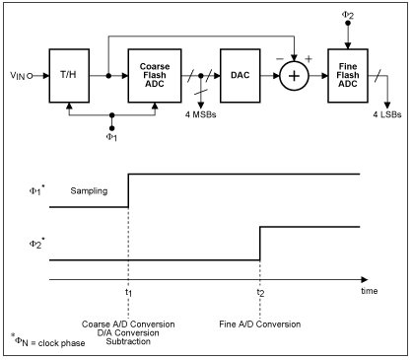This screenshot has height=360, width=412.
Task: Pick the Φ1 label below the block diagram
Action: (110, 137)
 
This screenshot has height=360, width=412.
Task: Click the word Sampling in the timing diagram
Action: (90, 187)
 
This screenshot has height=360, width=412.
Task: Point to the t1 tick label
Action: (129, 292)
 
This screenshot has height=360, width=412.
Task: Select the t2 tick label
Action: (260, 292)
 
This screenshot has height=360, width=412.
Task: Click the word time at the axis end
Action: (366, 291)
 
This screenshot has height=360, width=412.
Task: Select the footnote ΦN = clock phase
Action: (44, 342)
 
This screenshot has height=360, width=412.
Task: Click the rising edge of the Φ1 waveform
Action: (129, 190)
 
